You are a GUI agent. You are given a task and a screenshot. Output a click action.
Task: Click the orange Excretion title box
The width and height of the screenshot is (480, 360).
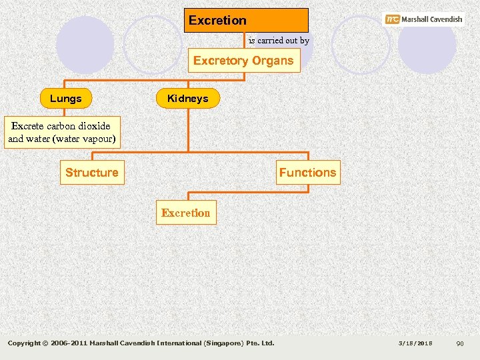[x=246, y=20]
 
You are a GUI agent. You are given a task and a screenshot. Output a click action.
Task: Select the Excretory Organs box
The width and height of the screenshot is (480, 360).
[x=243, y=61]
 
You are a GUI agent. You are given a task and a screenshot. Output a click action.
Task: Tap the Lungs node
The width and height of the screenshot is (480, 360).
[x=65, y=99]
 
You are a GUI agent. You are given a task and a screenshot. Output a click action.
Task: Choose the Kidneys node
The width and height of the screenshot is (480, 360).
[x=187, y=99]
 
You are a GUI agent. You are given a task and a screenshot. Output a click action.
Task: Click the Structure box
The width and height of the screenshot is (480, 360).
[x=92, y=173]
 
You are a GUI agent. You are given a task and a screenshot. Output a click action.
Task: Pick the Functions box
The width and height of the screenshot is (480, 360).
[x=307, y=173]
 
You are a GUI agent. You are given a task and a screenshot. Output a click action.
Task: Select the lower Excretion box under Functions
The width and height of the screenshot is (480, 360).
[x=186, y=213]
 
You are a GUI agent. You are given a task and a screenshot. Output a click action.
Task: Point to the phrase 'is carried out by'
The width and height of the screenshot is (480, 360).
[x=279, y=41]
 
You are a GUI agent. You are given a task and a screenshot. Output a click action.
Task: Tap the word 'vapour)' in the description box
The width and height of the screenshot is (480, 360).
[x=99, y=139]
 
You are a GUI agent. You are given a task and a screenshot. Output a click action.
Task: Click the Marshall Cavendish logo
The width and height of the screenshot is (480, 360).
[x=424, y=19]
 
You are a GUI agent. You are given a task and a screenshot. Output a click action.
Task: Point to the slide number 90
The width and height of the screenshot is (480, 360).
[x=459, y=343]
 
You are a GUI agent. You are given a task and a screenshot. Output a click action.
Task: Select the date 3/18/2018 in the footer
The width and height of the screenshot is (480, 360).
[x=415, y=343]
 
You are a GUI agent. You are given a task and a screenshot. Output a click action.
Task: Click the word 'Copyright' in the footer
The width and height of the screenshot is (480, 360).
[x=23, y=343]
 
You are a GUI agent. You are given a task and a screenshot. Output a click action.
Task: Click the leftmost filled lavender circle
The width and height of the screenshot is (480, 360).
[x=85, y=45]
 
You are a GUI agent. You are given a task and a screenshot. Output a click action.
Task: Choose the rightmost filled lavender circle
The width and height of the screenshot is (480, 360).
[x=427, y=45]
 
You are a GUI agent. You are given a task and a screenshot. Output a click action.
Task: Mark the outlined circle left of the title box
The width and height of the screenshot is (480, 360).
[x=152, y=45]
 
